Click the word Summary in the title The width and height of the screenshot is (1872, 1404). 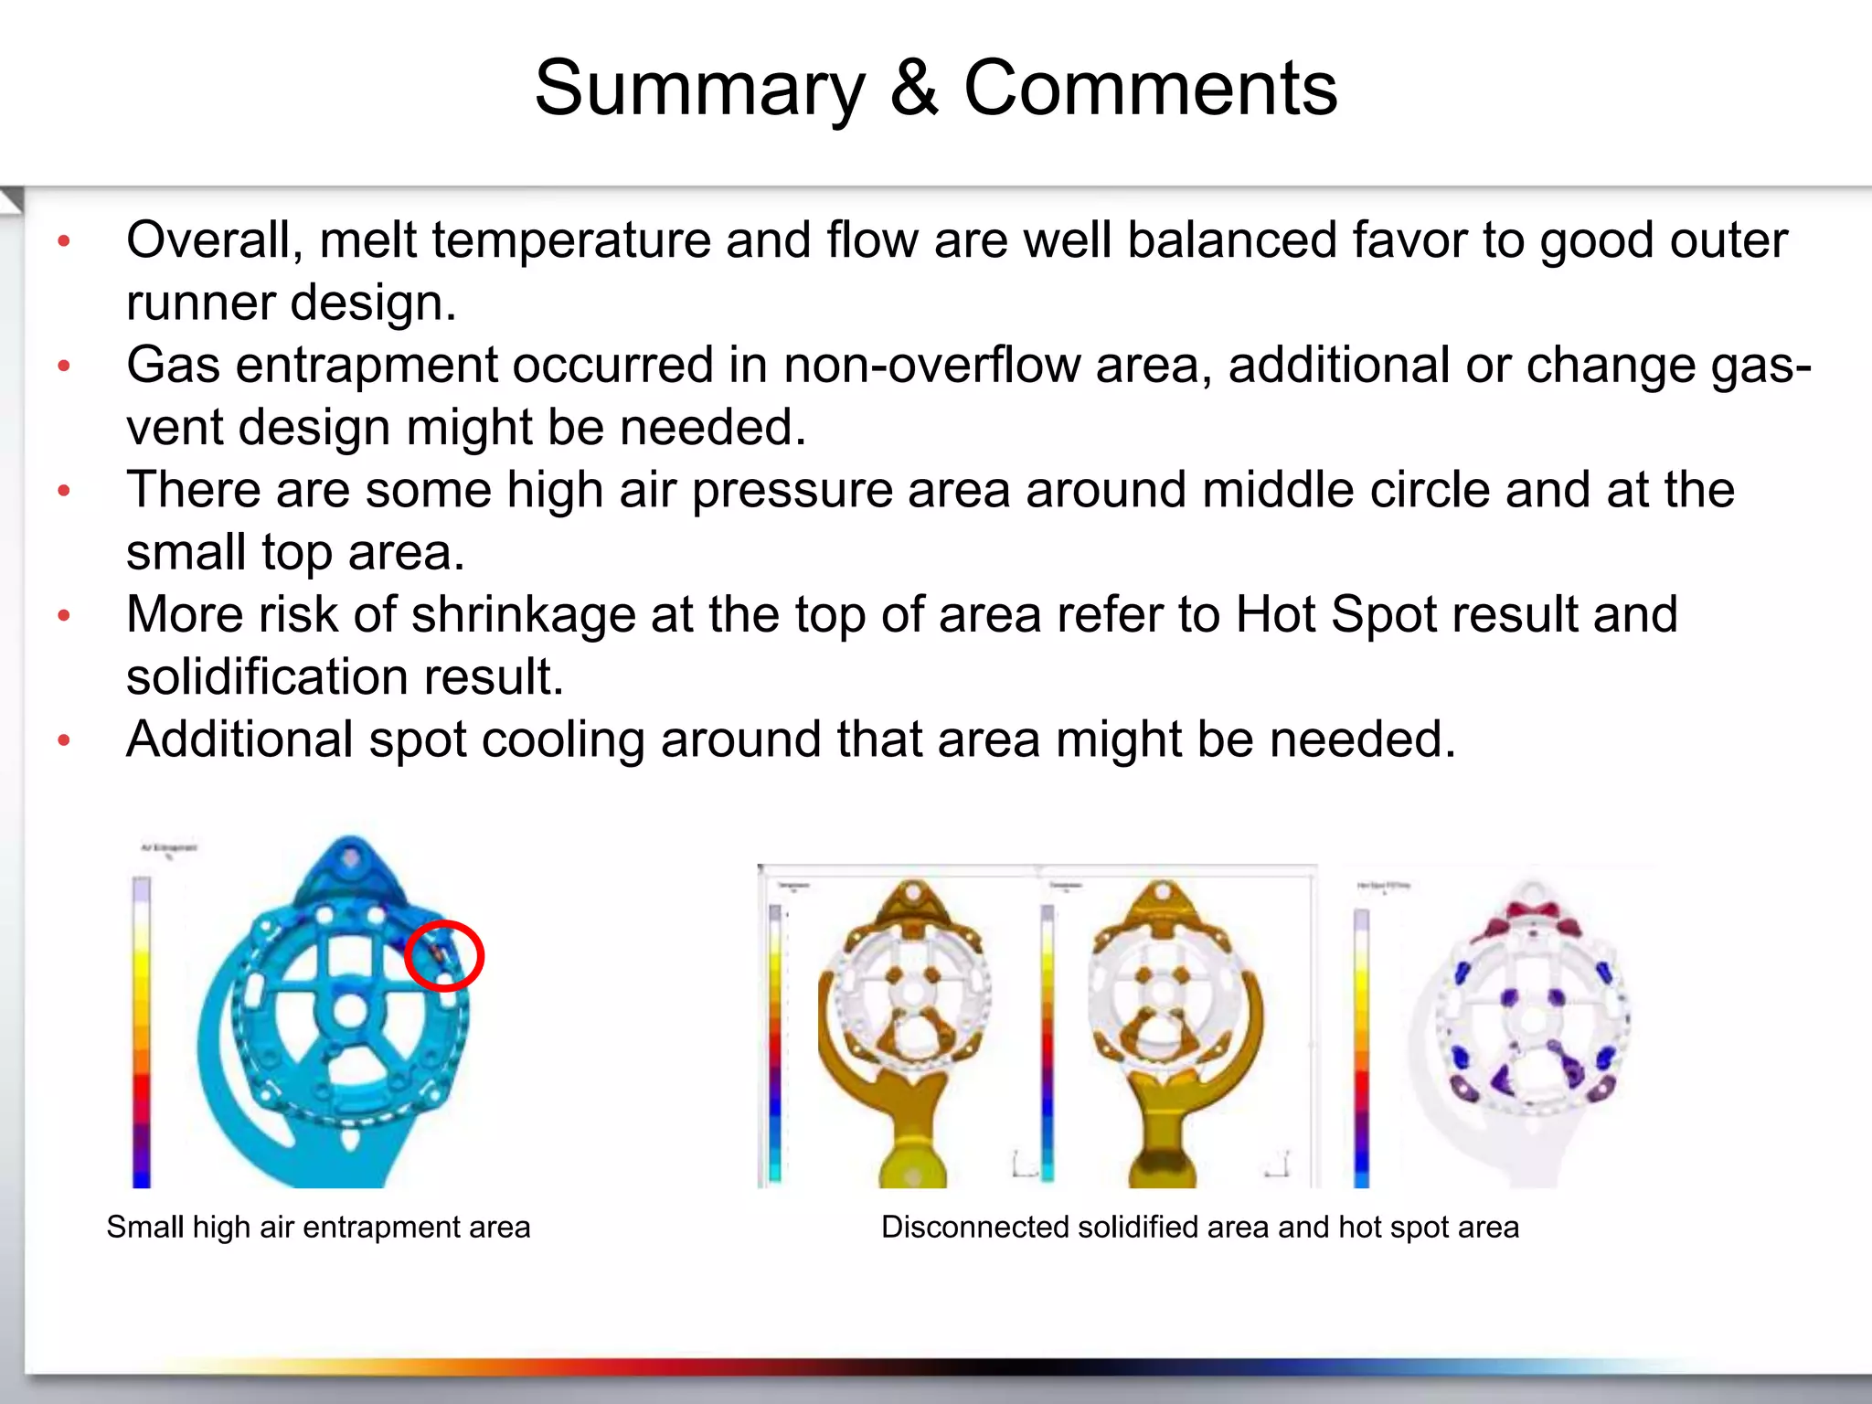699,89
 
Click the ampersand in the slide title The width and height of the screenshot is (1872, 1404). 914,89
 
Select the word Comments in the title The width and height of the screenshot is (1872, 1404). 1150,89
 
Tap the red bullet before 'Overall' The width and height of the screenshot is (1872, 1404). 64,241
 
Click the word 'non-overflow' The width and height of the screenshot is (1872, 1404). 931,365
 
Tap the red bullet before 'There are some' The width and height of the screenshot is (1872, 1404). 64,491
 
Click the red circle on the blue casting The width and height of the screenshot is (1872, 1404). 444,955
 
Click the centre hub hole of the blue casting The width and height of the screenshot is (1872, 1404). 349,1011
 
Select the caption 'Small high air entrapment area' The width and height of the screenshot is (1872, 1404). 318,1227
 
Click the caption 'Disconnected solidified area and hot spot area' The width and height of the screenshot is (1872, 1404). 1199,1227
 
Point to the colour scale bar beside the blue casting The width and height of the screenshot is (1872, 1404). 142,1033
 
